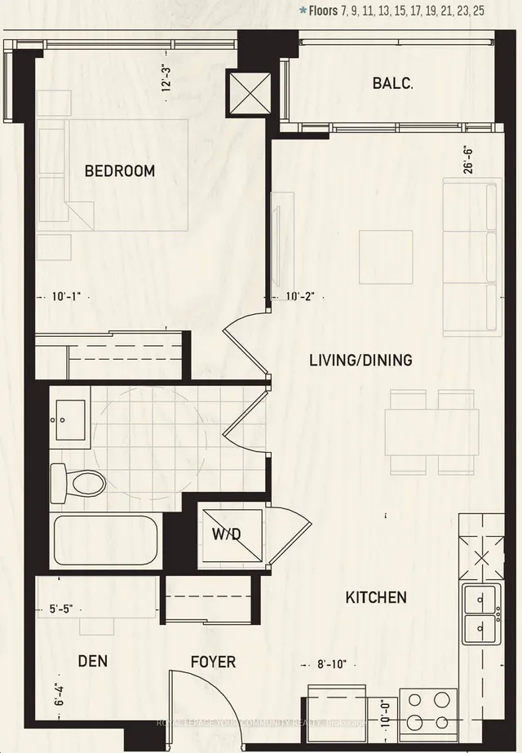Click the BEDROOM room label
point(119,171)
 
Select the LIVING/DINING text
point(360,360)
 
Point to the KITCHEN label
point(376,598)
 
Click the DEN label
point(94,662)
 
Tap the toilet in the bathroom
point(80,481)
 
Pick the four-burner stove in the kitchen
point(427,710)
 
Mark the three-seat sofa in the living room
point(470,259)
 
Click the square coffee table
point(386,256)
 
